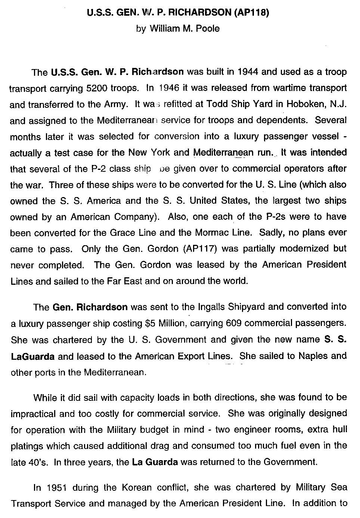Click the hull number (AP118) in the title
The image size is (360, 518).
click(x=251, y=13)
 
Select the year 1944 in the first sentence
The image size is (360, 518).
click(x=248, y=72)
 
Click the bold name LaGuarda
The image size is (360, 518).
click(x=33, y=356)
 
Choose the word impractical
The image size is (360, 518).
click(x=33, y=414)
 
